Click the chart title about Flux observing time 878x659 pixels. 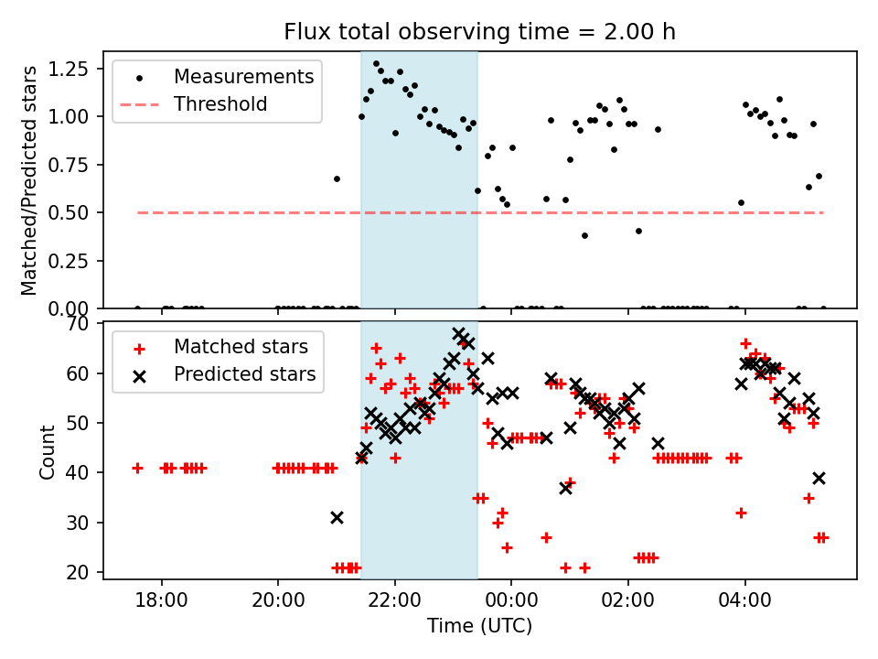(479, 32)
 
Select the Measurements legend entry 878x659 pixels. (243, 76)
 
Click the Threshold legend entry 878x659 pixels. (220, 104)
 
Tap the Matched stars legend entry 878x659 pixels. (241, 347)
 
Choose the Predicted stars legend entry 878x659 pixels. (244, 374)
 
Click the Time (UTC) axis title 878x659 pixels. (479, 627)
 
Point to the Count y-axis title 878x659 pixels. (47, 451)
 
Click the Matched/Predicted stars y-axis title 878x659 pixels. (30, 180)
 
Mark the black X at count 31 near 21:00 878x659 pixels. (337, 518)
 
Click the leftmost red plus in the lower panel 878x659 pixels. (137, 468)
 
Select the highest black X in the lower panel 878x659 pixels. (459, 334)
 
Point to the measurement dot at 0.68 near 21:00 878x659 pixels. (337, 178)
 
